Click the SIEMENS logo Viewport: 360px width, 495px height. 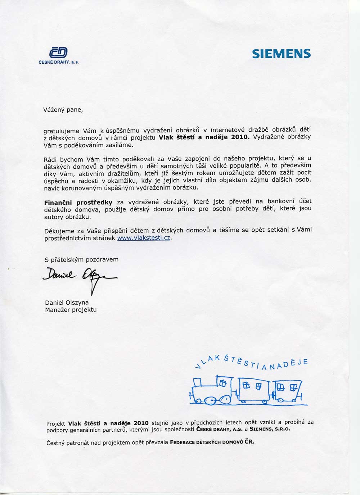tap(281, 54)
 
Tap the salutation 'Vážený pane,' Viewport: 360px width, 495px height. tap(63, 110)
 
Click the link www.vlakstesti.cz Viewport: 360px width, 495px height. tap(144, 238)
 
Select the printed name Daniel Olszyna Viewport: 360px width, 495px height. tap(67, 303)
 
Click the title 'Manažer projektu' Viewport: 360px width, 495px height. tap(71, 309)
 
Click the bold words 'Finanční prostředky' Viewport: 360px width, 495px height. tap(78, 203)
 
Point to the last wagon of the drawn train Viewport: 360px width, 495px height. tap(289, 390)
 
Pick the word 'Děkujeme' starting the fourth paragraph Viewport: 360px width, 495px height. tap(57, 231)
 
